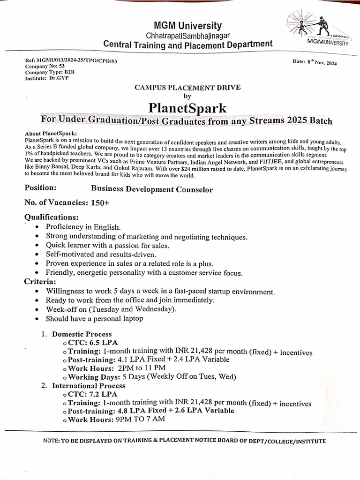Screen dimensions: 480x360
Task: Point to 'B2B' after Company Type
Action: point(69,73)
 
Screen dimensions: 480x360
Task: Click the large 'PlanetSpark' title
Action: point(187,107)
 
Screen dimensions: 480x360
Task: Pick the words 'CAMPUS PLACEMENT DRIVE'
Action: point(187,87)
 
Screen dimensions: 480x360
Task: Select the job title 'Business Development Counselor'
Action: point(152,190)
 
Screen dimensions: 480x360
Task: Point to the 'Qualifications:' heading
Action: point(52,217)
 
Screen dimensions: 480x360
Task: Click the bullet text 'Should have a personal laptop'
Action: point(94,319)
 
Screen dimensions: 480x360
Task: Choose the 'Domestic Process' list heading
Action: point(82,334)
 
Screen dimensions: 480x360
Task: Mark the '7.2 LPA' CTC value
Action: point(104,394)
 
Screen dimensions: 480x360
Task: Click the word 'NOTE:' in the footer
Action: point(52,441)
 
